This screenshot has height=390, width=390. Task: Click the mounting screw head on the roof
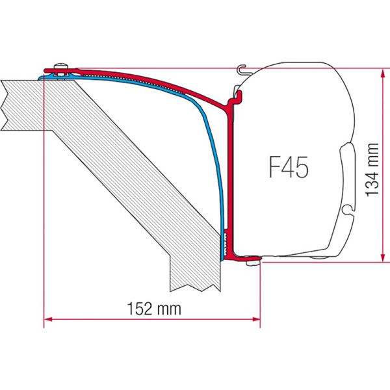coord(62,67)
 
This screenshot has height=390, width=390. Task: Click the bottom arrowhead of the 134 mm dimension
coord(379,257)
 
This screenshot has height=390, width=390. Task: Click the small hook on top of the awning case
coord(242,68)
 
